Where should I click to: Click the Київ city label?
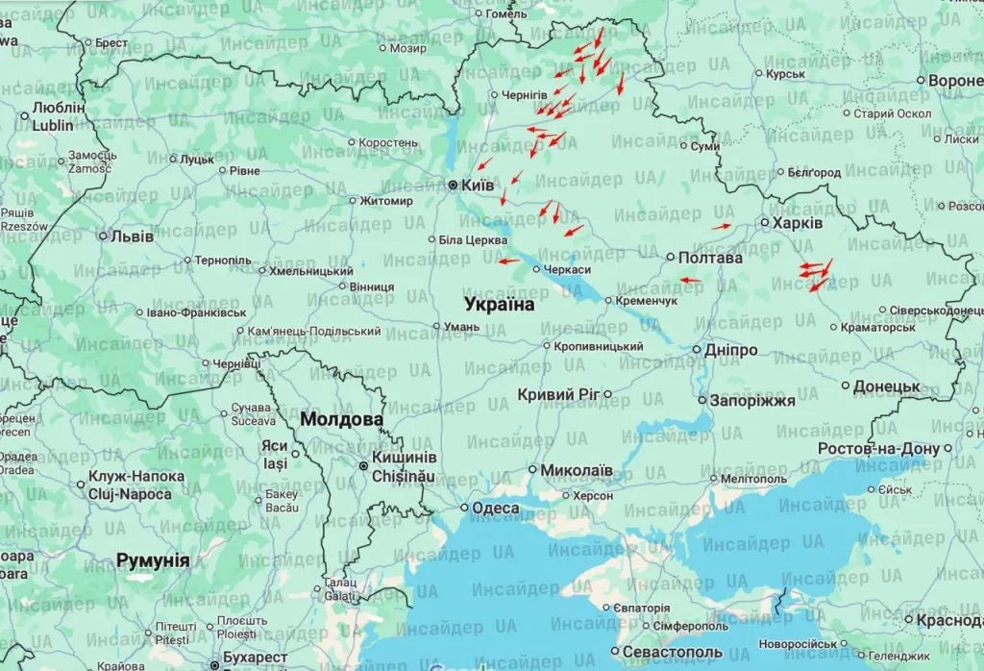[x=478, y=185]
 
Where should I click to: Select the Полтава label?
[x=710, y=258]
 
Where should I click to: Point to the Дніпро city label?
[x=730, y=350]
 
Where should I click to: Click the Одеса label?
[x=496, y=508]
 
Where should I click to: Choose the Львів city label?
[x=132, y=236]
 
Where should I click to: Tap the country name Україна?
[x=499, y=304]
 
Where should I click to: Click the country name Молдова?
[x=341, y=420]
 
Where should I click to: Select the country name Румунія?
[x=153, y=560]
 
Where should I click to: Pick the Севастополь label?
[x=673, y=653]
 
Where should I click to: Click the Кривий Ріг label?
[x=558, y=394]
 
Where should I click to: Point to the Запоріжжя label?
[x=752, y=401]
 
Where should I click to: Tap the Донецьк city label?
[x=887, y=386]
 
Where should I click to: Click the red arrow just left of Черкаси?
[x=508, y=261]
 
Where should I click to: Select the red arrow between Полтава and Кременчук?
[x=690, y=280]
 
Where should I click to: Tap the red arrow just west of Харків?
[x=721, y=226]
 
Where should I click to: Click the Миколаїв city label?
[x=577, y=470]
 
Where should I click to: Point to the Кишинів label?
[x=404, y=458]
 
